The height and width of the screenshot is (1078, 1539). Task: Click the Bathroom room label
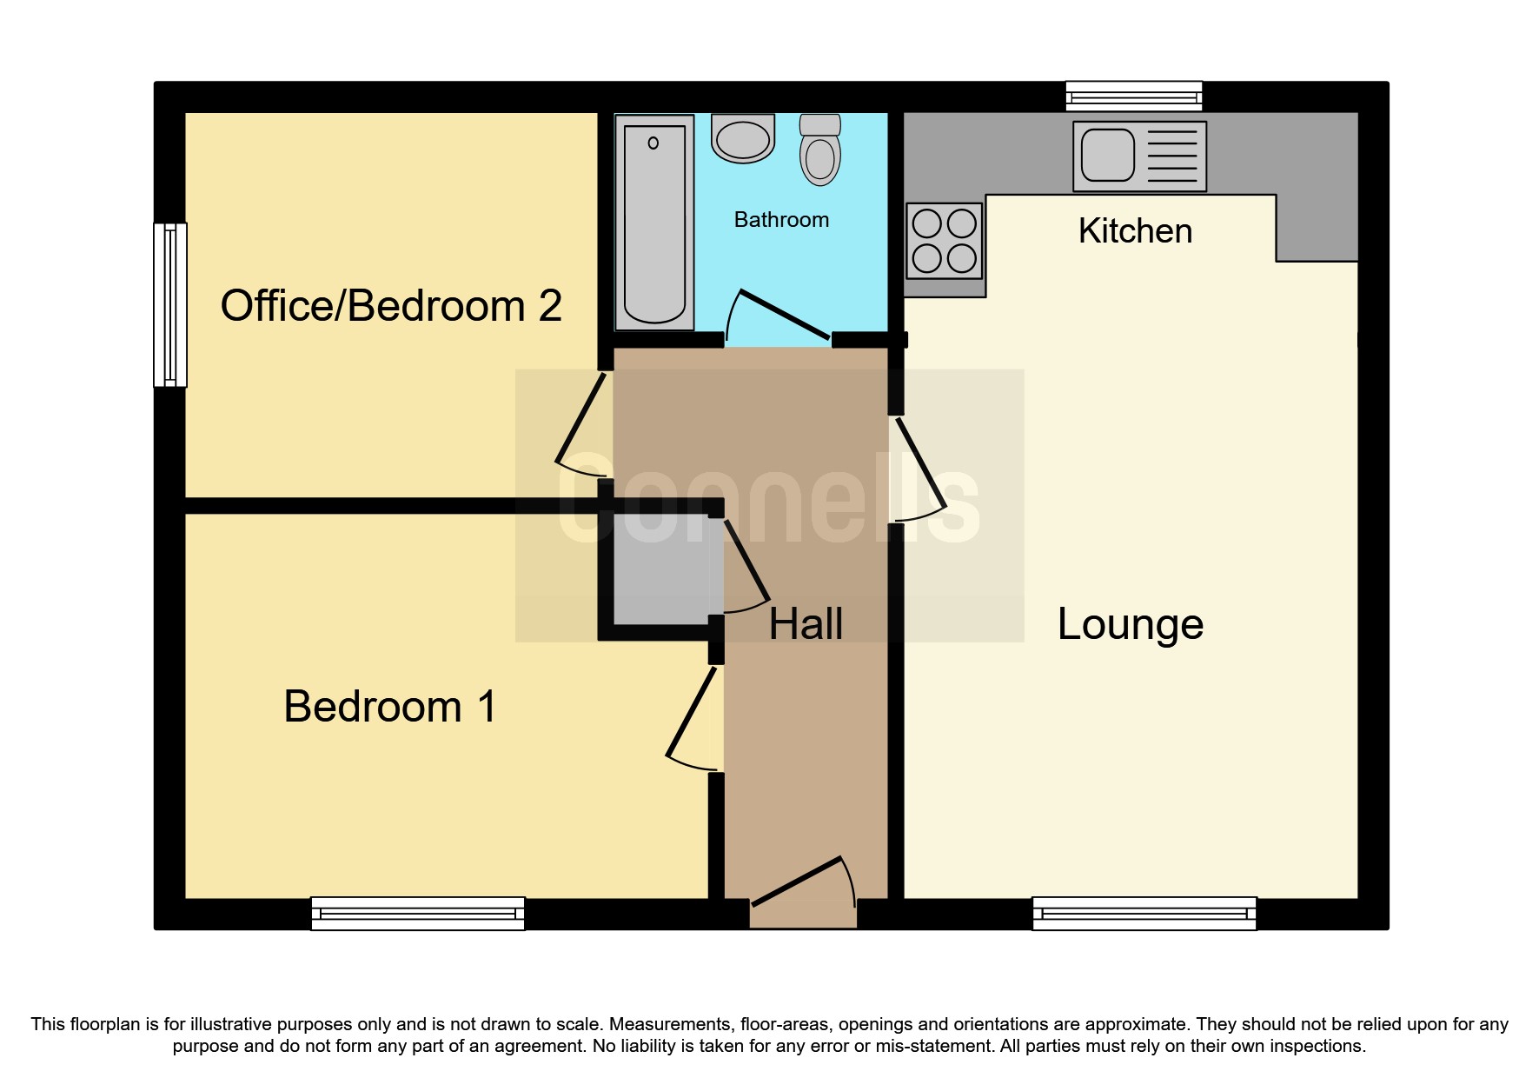click(x=781, y=220)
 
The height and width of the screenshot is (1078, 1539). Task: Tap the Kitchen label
click(x=1135, y=231)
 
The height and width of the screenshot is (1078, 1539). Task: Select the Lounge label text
click(x=1130, y=624)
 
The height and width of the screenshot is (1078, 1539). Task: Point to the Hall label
click(x=806, y=624)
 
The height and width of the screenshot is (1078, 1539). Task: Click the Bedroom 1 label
click(x=389, y=706)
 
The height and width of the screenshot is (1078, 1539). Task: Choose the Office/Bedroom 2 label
click(x=391, y=306)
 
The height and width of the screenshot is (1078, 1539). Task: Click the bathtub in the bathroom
click(x=654, y=223)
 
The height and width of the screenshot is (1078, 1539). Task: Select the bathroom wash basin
click(x=743, y=139)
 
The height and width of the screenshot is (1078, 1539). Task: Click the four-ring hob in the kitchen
click(x=945, y=240)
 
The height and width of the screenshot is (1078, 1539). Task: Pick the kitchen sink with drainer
click(x=1139, y=156)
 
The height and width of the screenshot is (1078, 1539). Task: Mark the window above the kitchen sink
click(x=1134, y=95)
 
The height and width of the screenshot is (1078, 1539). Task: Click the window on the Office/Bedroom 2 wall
click(x=170, y=304)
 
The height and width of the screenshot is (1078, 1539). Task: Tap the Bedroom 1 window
click(x=418, y=914)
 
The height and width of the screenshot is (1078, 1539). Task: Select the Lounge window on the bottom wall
click(x=1144, y=914)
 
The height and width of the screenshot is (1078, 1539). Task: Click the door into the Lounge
click(x=919, y=469)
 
